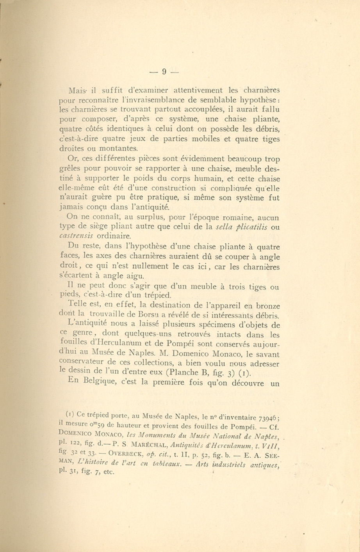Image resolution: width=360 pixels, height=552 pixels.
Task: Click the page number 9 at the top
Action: (x=164, y=71)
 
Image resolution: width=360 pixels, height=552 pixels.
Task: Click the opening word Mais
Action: (x=77, y=90)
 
